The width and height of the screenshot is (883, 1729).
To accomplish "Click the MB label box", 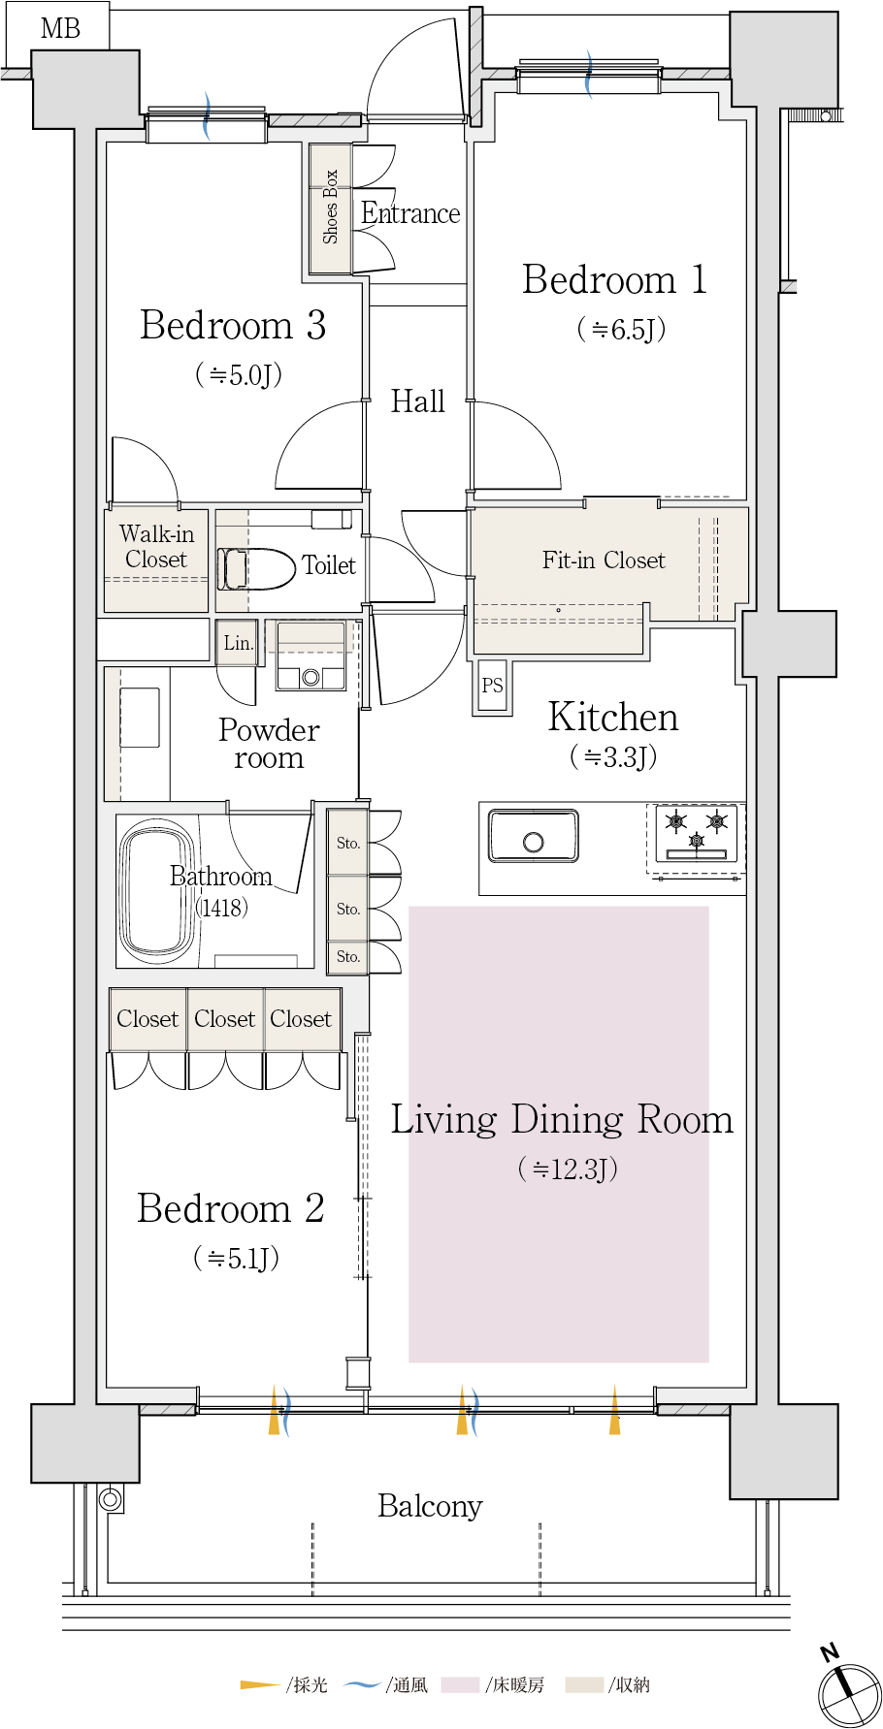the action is [58, 27].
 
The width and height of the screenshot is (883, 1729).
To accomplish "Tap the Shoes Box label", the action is [330, 207].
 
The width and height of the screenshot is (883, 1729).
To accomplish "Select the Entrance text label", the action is [410, 213].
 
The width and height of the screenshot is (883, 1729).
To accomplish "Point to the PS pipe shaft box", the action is [492, 686].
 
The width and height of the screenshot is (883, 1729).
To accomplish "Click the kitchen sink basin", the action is [534, 836].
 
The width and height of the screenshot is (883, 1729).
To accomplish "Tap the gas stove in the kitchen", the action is [696, 833].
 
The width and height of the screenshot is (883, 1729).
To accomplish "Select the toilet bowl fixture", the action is [256, 569].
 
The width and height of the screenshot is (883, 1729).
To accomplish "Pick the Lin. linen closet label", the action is [238, 643].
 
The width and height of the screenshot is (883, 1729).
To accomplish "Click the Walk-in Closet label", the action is [156, 546].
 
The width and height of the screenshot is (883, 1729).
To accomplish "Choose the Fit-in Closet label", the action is [604, 560].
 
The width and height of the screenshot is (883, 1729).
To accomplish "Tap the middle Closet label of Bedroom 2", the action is [224, 1018].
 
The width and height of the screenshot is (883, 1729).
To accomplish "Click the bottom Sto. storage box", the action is [347, 956].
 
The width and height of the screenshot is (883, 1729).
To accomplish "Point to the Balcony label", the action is [430, 1506].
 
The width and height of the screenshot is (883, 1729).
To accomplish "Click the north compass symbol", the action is [848, 1690].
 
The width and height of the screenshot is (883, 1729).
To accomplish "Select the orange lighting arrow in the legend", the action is [260, 1685].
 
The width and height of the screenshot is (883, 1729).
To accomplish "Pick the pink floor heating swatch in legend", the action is [460, 1685].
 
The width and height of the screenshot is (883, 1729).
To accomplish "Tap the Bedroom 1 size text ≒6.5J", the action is [621, 329].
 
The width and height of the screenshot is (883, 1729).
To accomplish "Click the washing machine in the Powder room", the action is [311, 656].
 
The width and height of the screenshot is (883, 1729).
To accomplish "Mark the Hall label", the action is [417, 400].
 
